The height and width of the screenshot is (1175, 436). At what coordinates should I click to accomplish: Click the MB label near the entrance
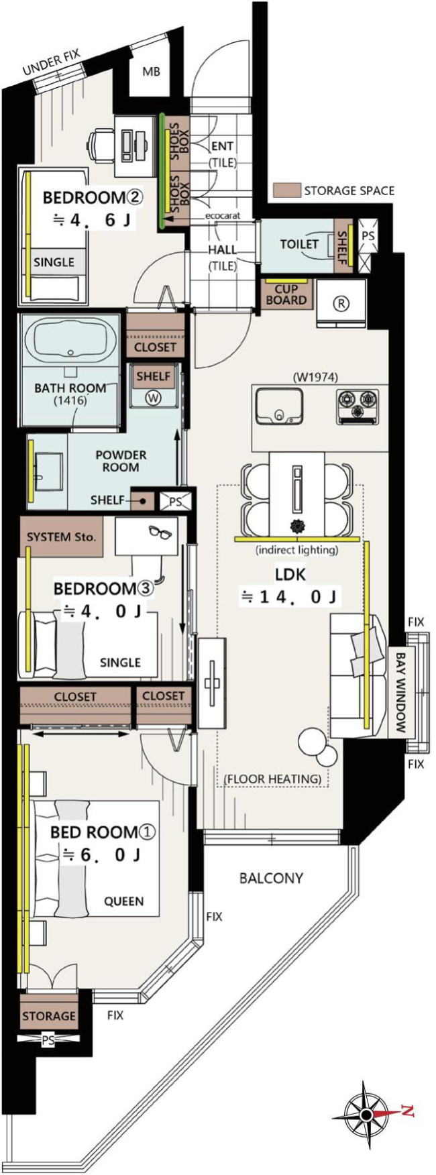[x=152, y=72]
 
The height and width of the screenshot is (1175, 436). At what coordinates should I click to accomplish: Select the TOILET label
[x=298, y=244]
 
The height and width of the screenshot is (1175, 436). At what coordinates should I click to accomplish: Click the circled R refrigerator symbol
[x=341, y=304]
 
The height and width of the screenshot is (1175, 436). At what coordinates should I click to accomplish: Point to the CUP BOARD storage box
[x=286, y=295]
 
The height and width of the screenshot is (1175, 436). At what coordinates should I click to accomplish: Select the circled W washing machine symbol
[x=154, y=398]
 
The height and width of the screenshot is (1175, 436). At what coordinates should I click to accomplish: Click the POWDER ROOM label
[x=121, y=461]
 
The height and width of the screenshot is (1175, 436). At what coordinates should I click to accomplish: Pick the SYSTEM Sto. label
[x=62, y=537]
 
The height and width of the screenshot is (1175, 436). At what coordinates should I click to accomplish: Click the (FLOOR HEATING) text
[x=272, y=779]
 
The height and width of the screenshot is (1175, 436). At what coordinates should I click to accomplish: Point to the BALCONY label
[x=271, y=878]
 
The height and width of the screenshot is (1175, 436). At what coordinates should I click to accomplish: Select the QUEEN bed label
[x=123, y=901]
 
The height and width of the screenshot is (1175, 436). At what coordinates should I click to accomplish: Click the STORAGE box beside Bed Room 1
[x=49, y=1015]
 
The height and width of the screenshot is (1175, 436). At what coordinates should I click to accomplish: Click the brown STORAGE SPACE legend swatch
[x=286, y=190]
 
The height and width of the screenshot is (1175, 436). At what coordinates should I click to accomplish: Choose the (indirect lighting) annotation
[x=296, y=550]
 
